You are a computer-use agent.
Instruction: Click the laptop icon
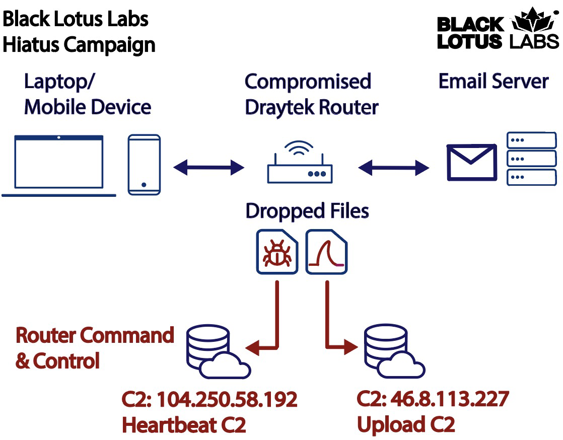(x=59, y=165)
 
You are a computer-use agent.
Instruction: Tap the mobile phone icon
(x=144, y=165)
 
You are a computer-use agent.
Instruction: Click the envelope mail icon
(x=472, y=162)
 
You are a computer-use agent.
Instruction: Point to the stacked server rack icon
(x=531, y=159)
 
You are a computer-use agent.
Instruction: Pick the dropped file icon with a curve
(x=327, y=252)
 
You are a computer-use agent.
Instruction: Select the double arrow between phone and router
(x=208, y=167)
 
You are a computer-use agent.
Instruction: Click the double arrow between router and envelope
(x=394, y=167)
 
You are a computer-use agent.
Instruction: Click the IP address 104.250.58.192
(x=227, y=400)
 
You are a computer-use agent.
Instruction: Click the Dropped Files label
(x=307, y=211)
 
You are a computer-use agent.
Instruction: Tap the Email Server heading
(x=494, y=82)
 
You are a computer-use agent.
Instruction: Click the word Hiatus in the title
(x=31, y=45)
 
